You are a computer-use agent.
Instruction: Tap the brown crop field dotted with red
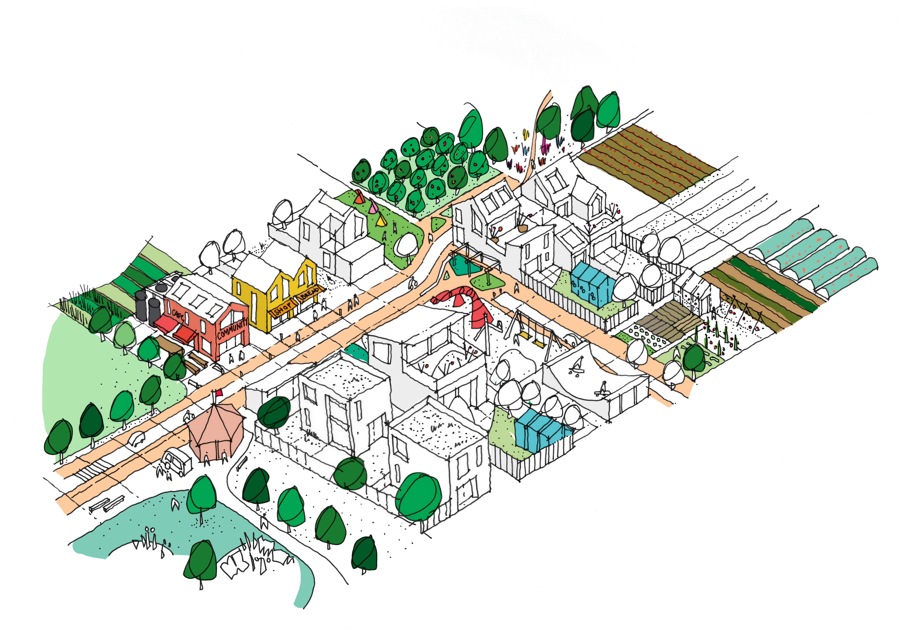pyautogui.click(x=647, y=162)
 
